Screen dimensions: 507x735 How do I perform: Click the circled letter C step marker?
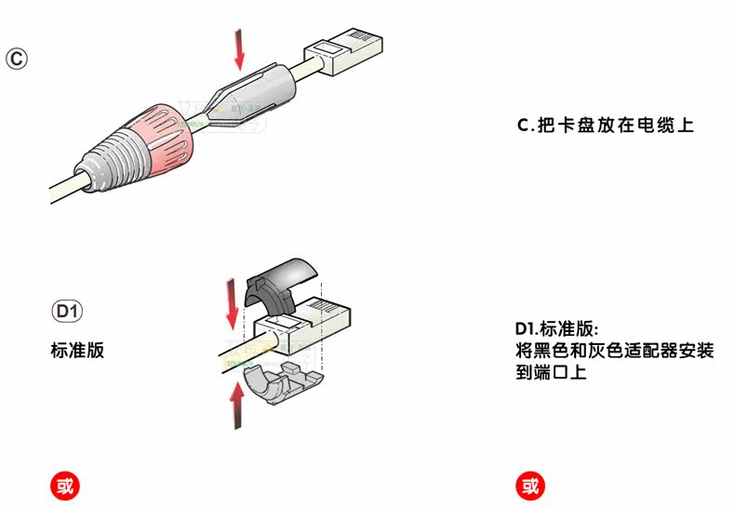(x=17, y=59)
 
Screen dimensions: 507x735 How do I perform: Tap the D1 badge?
(x=67, y=310)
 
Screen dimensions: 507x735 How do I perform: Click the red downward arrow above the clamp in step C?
(x=239, y=49)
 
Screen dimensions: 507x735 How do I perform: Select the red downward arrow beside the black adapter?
(x=231, y=303)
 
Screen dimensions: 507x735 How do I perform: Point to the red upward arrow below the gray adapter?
(x=238, y=404)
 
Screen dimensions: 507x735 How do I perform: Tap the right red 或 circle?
(x=530, y=484)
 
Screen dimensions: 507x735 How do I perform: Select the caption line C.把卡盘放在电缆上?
(x=605, y=125)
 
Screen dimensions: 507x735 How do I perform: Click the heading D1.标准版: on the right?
(x=557, y=330)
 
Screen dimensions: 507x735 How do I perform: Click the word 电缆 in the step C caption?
(x=658, y=125)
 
